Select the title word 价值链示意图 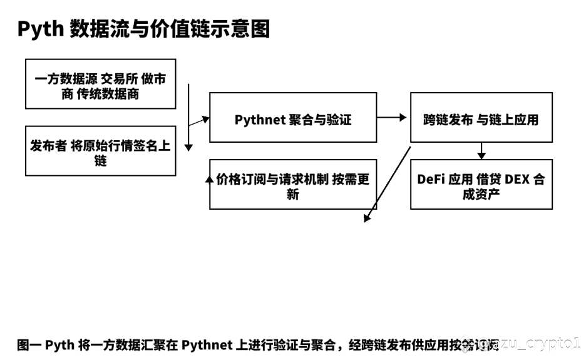point(200,29)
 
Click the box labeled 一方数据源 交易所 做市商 point(101,84)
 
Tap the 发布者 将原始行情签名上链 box point(101,150)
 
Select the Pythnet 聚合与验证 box point(293,117)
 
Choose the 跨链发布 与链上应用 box point(481,117)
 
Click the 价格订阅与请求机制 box point(293,184)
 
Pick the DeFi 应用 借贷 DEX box point(481,184)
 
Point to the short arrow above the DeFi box point(481,150)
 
